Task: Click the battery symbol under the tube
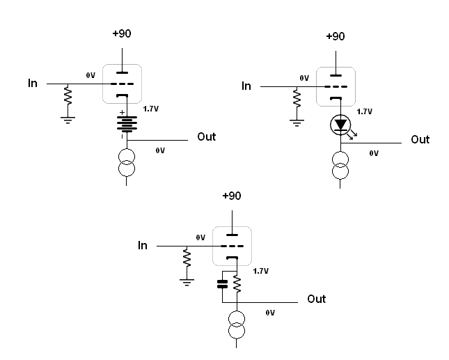[x=127, y=124]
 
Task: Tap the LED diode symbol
[x=340, y=125]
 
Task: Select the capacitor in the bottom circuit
[x=223, y=284]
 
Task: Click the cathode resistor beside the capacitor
[x=237, y=284]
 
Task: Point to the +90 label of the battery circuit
[x=122, y=33]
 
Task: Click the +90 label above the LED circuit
[x=336, y=36]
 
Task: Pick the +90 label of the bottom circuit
[x=232, y=196]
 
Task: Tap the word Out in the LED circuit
[x=420, y=139]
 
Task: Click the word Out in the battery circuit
[x=207, y=136]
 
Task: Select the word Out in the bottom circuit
[x=317, y=299]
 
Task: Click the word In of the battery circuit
[x=33, y=83]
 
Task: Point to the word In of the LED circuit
[x=246, y=86]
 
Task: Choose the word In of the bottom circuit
[x=143, y=245]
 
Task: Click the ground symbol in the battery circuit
[x=68, y=120]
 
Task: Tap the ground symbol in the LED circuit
[x=297, y=123]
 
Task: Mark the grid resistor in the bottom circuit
[x=187, y=258]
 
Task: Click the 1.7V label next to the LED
[x=365, y=111]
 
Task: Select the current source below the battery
[x=127, y=162]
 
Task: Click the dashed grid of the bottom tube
[x=233, y=246]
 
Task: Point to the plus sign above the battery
[x=122, y=113]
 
